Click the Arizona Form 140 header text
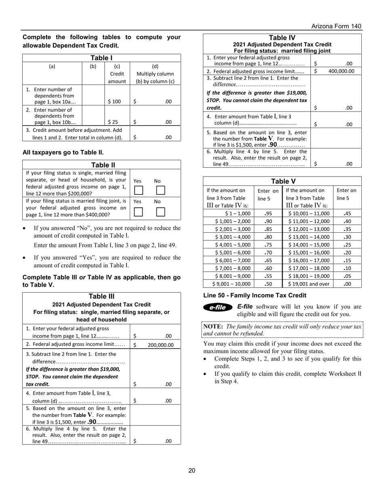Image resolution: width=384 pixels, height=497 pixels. [336, 26]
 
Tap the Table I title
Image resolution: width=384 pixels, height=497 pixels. [101, 58]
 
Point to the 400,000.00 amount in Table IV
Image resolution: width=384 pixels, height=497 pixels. [342, 71]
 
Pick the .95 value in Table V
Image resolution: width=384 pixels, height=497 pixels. [267, 213]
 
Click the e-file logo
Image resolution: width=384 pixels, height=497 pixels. [218, 307]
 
